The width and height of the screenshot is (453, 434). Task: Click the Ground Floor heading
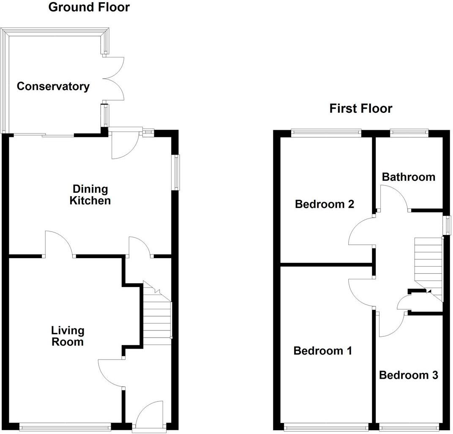[x=89, y=7]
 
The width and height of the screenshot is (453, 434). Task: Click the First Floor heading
[x=360, y=109]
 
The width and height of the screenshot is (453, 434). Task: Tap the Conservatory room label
[x=53, y=87]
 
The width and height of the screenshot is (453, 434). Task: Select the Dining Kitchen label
[x=90, y=194]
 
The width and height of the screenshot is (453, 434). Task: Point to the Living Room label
[x=67, y=336]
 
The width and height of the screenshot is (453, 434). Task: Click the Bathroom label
[x=408, y=177]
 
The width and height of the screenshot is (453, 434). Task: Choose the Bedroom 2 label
[x=324, y=205]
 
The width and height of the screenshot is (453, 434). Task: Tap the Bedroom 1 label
[x=322, y=351]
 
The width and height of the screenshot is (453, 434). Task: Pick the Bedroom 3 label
[x=408, y=375]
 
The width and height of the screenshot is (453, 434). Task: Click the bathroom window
[x=408, y=132]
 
